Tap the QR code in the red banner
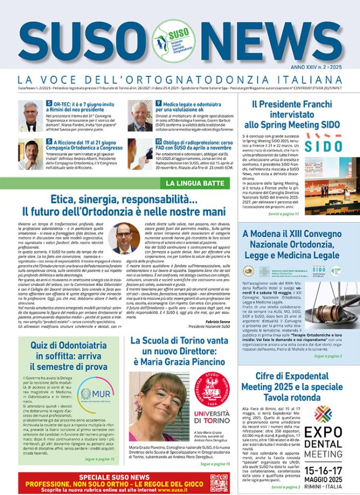click(x=219, y=482)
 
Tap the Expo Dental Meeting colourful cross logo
click(x=323, y=413)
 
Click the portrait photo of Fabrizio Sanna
click(x=125, y=237)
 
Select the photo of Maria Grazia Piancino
click(x=158, y=406)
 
